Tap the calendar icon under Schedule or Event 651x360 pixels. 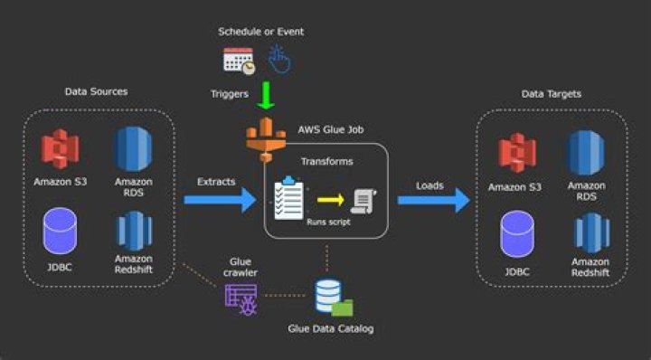tap(239, 61)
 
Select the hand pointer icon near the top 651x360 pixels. tap(280, 60)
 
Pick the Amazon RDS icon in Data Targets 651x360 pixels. tap(585, 153)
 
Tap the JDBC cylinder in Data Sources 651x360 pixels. tap(61, 231)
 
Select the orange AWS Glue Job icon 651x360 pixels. tap(266, 133)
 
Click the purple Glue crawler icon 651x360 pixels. tap(241, 298)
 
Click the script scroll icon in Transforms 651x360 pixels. tap(364, 200)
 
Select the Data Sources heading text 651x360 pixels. tap(96, 91)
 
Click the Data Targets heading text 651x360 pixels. tap(552, 94)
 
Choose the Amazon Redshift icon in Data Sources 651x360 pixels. tap(133, 231)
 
